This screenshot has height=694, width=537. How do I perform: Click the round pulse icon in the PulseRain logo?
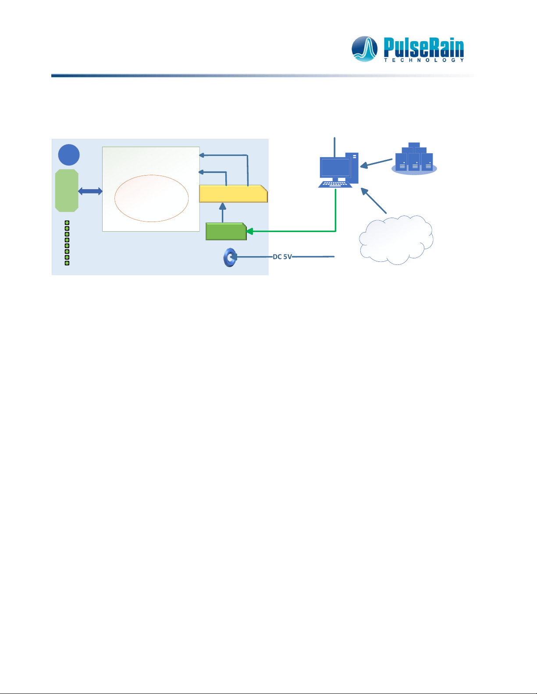(x=365, y=49)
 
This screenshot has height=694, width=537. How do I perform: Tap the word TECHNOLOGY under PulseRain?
(x=423, y=60)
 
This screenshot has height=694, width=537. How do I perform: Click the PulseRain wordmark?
(x=423, y=47)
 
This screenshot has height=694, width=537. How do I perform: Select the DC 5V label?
(x=282, y=257)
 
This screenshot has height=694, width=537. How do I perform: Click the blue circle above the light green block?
(x=69, y=155)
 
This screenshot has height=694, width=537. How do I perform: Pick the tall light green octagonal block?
(x=67, y=190)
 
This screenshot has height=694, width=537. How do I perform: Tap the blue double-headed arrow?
(x=90, y=191)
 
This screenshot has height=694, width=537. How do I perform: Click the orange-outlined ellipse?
(x=151, y=198)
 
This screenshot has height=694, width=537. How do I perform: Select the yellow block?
(x=233, y=194)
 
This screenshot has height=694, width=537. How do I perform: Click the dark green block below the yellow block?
(x=226, y=231)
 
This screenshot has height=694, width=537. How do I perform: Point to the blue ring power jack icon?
(x=229, y=257)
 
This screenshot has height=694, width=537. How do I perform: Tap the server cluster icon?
(x=414, y=159)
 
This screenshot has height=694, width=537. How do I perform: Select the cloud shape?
(x=396, y=240)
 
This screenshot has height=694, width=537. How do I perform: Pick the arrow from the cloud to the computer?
(x=373, y=201)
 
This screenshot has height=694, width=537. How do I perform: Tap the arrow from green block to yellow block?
(x=223, y=213)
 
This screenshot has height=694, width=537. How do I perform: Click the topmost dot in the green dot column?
(x=67, y=223)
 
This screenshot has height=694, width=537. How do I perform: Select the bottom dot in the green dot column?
(x=67, y=263)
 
